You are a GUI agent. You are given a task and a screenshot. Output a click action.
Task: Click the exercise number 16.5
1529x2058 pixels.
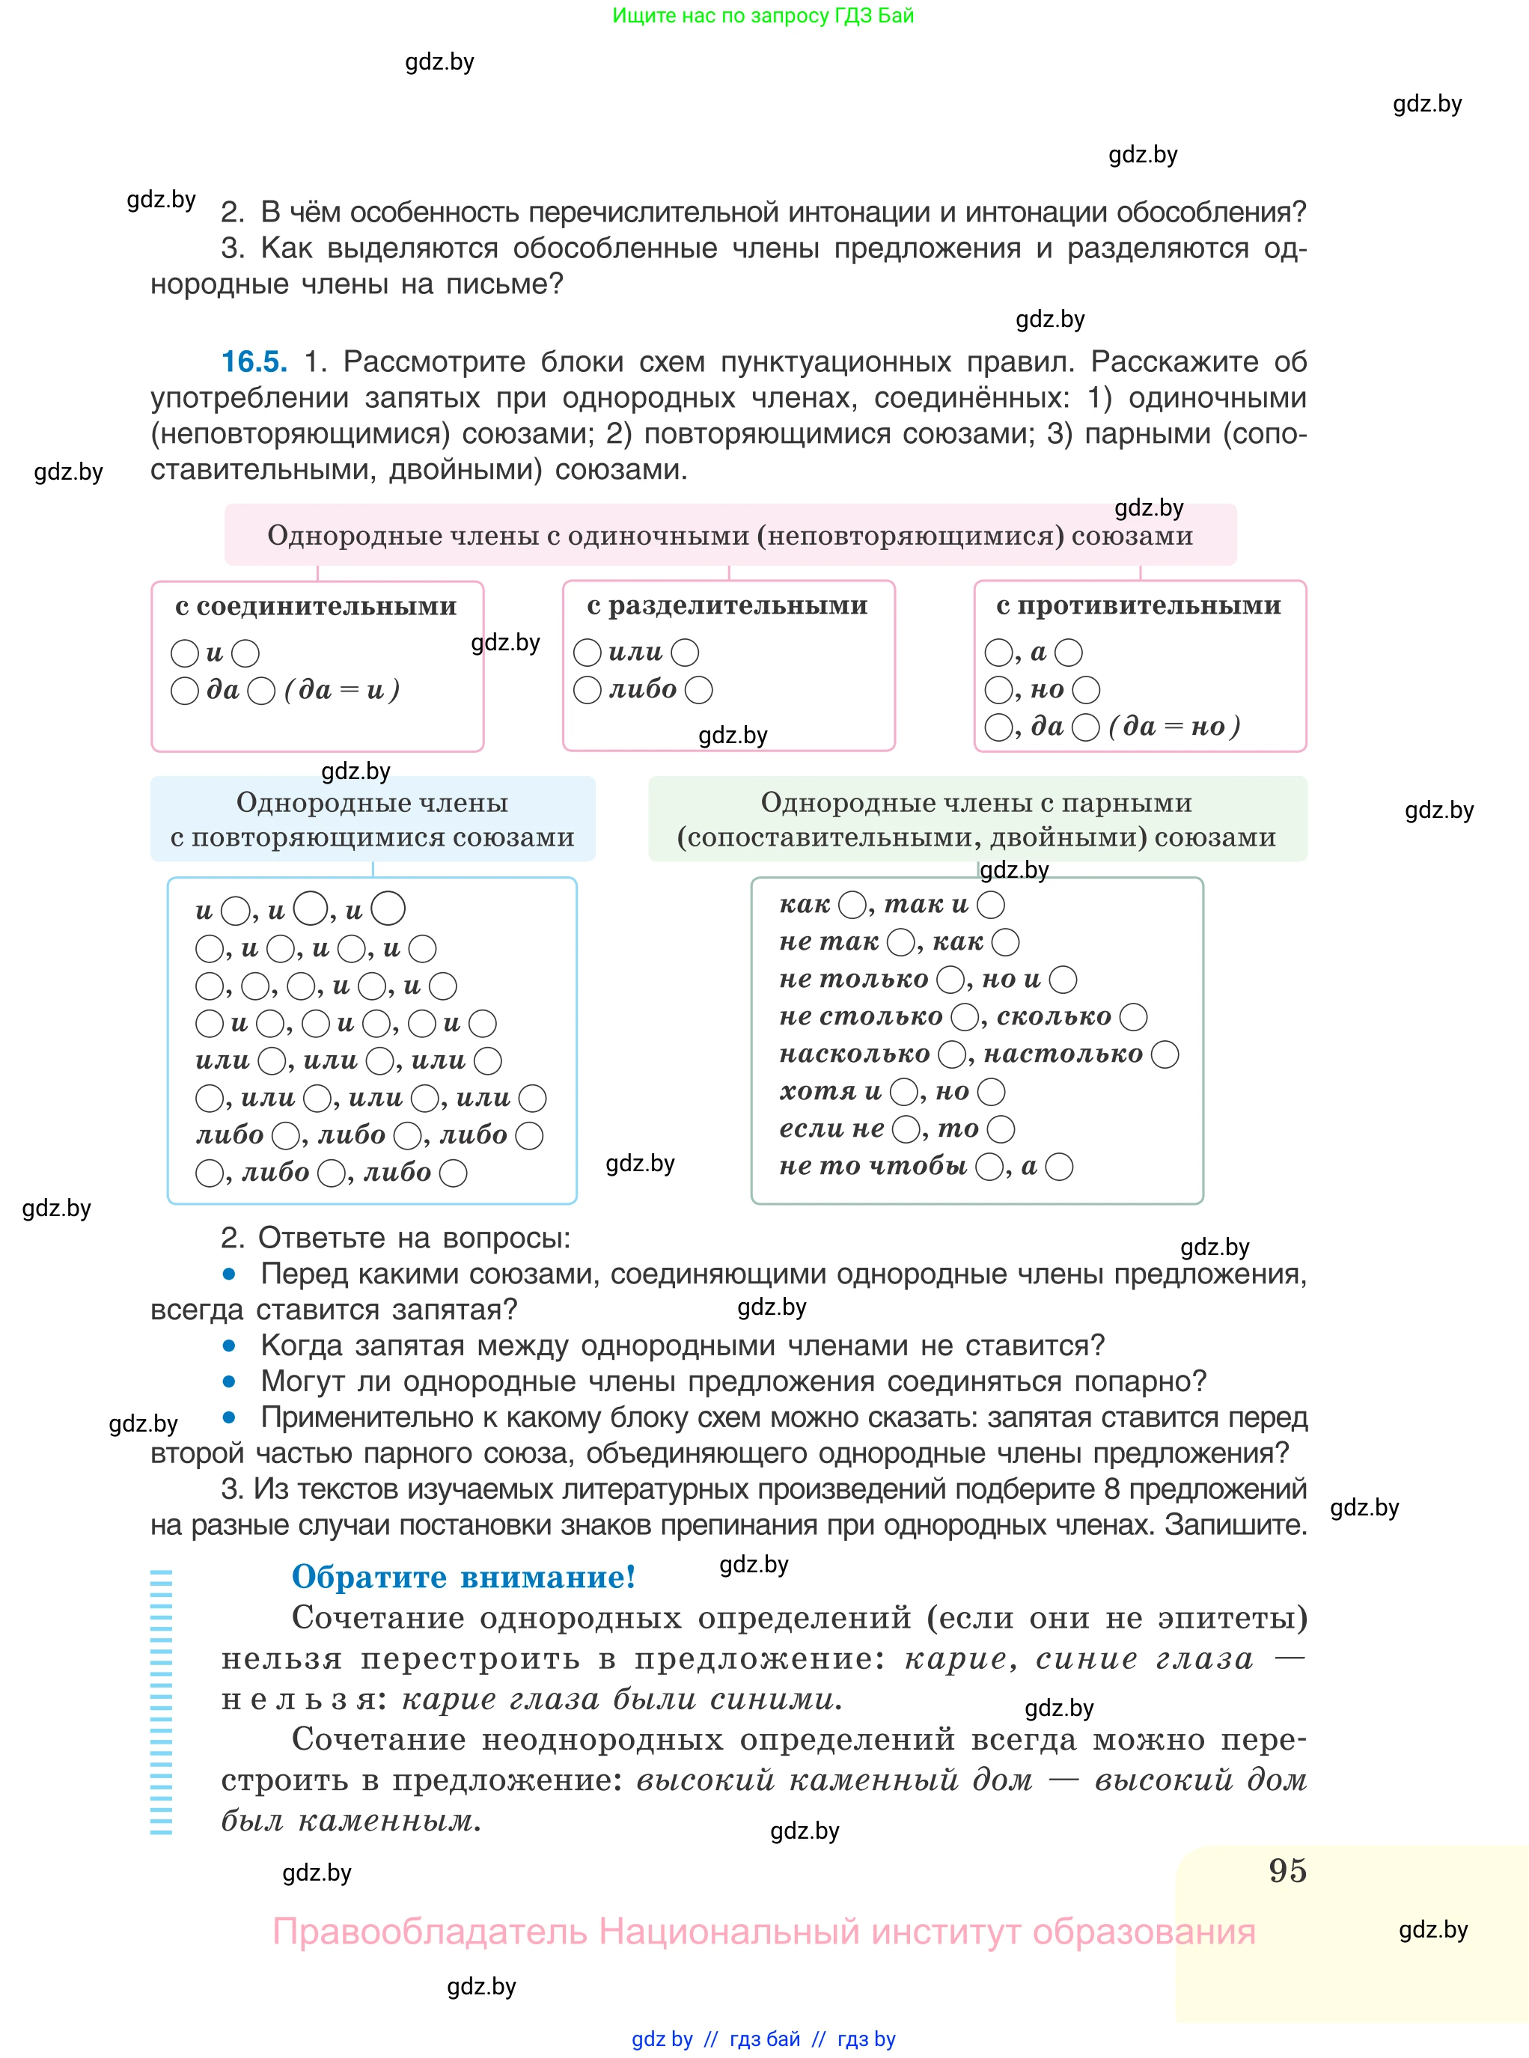point(254,361)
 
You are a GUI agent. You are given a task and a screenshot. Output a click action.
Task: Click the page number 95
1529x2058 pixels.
point(1287,1870)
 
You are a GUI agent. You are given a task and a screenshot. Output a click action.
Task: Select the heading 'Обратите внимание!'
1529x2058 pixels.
point(463,1577)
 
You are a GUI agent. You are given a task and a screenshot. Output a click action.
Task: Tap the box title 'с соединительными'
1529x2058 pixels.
point(316,606)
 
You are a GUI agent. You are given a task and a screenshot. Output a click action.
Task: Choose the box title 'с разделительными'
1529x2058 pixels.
point(727,605)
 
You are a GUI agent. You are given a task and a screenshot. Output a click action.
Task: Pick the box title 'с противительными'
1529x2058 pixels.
point(1138,605)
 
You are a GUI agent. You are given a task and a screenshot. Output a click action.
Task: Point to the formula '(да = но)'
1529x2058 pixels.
point(1174,727)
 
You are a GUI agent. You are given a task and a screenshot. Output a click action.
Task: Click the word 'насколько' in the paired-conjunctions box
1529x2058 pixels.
point(854,1054)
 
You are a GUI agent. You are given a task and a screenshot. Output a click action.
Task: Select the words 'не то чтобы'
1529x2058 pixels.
point(873,1166)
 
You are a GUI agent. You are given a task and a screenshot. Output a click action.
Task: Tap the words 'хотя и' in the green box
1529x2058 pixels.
point(830,1091)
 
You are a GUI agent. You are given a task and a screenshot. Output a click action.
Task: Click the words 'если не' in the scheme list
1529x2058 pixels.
point(831,1129)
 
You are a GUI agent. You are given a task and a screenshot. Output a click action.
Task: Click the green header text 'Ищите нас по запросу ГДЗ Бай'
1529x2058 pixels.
point(763,16)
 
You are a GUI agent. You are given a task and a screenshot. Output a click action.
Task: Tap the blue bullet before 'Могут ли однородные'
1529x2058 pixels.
point(228,1381)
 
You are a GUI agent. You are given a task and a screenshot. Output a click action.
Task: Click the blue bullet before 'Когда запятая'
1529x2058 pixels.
point(228,1346)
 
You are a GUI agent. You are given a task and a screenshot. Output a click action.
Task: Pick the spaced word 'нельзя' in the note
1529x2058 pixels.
point(298,1700)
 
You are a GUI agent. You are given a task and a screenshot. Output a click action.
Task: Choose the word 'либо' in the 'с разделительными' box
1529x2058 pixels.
point(642,690)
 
